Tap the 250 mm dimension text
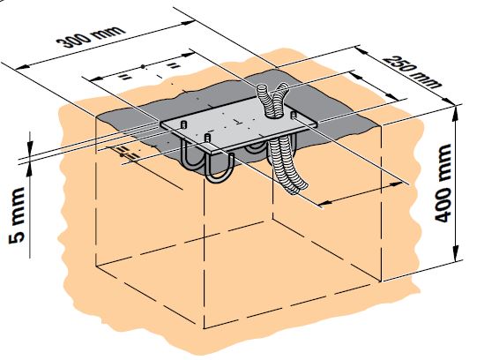pos(413,71)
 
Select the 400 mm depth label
pos(443,184)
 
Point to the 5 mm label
pos(17,215)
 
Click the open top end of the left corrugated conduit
pos(263,88)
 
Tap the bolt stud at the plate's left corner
pos(183,124)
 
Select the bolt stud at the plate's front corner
pos(207,138)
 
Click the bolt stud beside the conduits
pos(294,115)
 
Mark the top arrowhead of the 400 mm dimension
pos(456,110)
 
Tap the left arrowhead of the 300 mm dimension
pos(22,66)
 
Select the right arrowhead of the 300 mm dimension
pos(188,23)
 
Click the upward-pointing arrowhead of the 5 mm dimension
pos(29,169)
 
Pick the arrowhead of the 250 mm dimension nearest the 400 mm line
pos(448,101)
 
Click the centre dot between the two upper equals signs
pos(143,66)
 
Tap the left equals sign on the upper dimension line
pos(126,77)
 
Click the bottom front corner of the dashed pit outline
pos(204,328)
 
